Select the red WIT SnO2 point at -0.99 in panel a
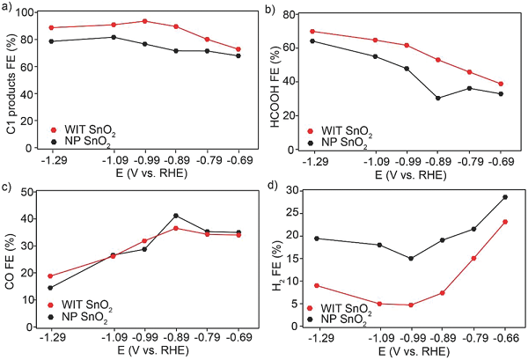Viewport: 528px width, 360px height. [144, 21]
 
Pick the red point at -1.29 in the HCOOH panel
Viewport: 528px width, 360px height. [312, 32]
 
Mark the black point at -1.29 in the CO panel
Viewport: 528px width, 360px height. [51, 288]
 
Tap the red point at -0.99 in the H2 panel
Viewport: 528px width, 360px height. [410, 305]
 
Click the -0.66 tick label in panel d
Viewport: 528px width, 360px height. [504, 335]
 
